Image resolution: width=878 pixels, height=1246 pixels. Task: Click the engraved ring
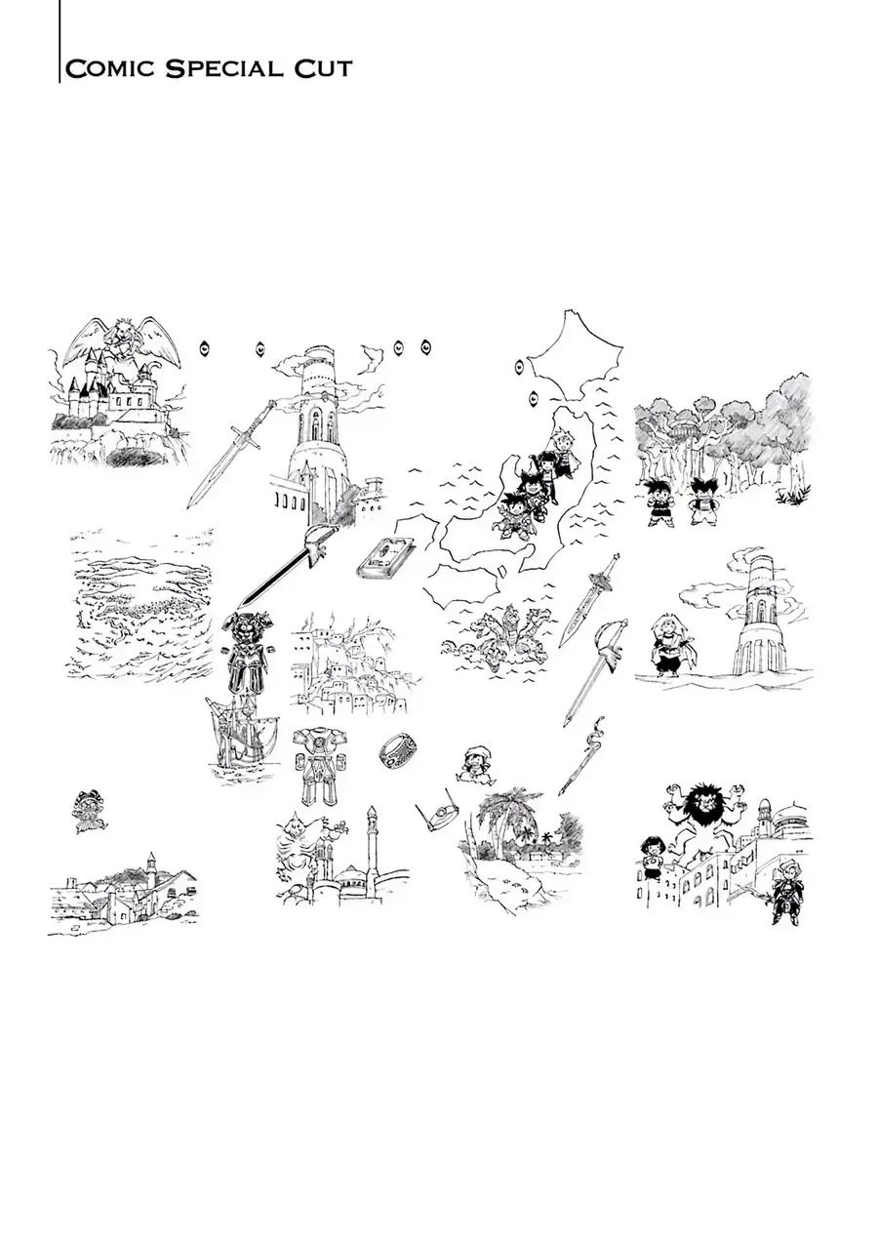(x=398, y=750)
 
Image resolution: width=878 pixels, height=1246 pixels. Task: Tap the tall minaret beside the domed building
(x=372, y=849)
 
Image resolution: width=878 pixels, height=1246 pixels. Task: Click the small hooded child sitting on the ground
(x=475, y=765)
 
